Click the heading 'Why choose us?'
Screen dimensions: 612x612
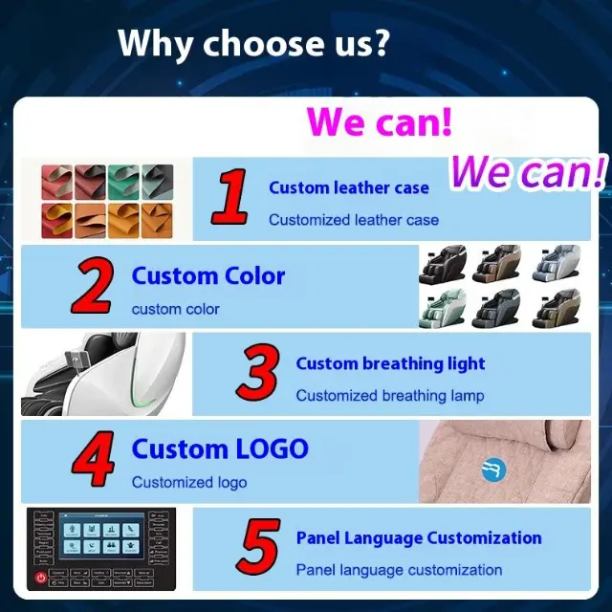point(253,43)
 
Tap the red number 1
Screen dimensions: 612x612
point(230,197)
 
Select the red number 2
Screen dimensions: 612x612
point(94,285)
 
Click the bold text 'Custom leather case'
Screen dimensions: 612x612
point(349,187)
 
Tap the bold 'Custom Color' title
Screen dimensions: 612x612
point(208,276)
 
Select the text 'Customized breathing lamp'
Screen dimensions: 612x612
point(390,396)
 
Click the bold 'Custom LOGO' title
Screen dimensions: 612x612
point(220,448)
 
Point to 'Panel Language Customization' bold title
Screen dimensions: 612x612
point(419,537)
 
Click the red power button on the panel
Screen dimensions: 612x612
point(40,578)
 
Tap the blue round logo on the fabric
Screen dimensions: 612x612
point(493,470)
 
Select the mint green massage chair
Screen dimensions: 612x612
point(442,309)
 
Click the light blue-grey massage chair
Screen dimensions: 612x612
point(557,263)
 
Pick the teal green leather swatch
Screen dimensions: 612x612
point(123,182)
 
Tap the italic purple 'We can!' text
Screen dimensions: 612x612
point(528,172)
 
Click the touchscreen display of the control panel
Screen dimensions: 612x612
point(101,535)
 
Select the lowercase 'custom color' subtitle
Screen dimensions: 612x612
point(176,309)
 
